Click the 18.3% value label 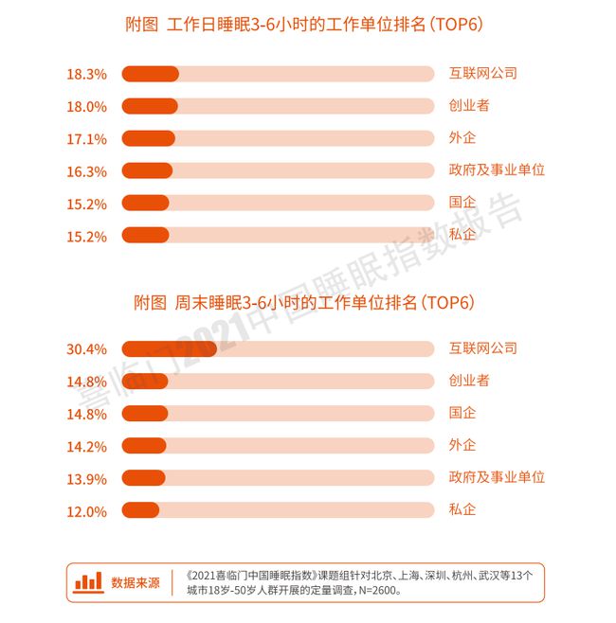point(85,74)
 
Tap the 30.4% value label point(85,349)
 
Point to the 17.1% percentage point(85,139)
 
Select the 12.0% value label point(85,511)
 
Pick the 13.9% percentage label point(85,478)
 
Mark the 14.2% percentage point(85,446)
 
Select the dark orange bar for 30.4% point(170,349)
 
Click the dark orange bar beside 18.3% point(151,74)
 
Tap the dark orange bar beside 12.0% point(141,510)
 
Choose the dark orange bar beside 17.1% point(149,139)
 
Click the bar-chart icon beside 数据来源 point(89,580)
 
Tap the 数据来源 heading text point(136,581)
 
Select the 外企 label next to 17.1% point(462,138)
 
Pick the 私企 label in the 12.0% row point(462,510)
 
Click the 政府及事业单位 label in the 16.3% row point(497,171)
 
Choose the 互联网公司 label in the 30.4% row point(483,348)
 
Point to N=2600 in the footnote point(375,590)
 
